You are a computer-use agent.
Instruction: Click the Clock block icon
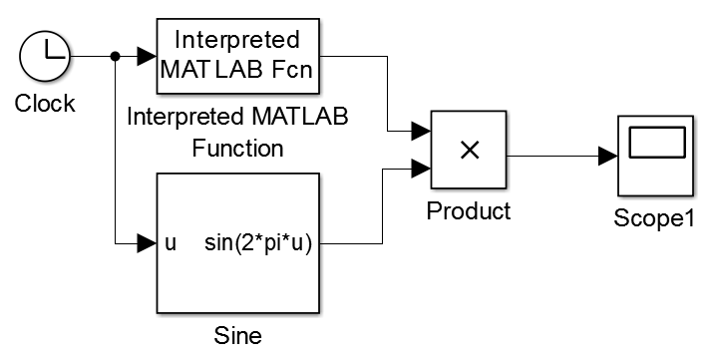pyautogui.click(x=45, y=57)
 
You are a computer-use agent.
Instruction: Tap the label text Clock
pyautogui.click(x=45, y=104)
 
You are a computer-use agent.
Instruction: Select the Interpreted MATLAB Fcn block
pyautogui.click(x=237, y=56)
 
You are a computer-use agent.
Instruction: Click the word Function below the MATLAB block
pyautogui.click(x=237, y=148)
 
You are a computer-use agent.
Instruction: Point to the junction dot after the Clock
pyautogui.click(x=116, y=57)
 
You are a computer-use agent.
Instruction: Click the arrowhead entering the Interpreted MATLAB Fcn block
pyautogui.click(x=147, y=57)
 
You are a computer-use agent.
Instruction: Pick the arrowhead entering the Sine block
pyautogui.click(x=147, y=243)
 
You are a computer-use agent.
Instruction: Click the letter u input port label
pyautogui.click(x=171, y=244)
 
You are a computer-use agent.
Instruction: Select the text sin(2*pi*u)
pyautogui.click(x=258, y=244)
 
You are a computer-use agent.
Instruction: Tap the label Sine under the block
pyautogui.click(x=237, y=336)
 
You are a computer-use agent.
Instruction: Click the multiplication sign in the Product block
pyautogui.click(x=470, y=151)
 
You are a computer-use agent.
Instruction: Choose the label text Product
pyautogui.click(x=469, y=211)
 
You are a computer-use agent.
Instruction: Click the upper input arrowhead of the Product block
pyautogui.click(x=421, y=132)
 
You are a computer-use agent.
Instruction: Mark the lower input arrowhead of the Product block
pyautogui.click(x=421, y=169)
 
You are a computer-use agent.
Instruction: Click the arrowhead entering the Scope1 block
pyautogui.click(x=608, y=157)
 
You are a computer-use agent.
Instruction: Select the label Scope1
pyautogui.click(x=654, y=218)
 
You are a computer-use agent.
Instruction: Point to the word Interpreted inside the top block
pyautogui.click(x=237, y=40)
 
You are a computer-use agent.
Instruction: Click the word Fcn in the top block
pyautogui.click(x=292, y=70)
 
